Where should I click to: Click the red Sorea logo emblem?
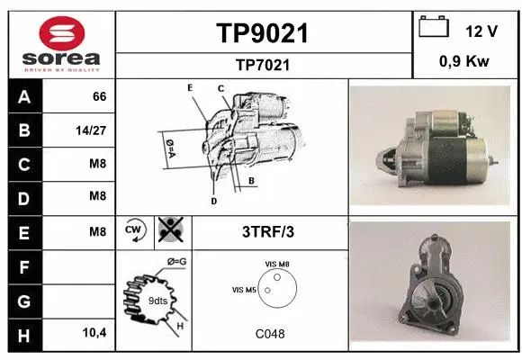coord(62,33)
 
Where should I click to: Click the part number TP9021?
coord(262,33)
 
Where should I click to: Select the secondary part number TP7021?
coord(263,65)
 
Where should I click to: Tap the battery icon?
coord(434,27)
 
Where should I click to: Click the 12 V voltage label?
coord(481,31)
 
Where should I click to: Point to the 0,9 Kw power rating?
coord(464,61)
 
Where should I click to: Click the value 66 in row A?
coord(100,96)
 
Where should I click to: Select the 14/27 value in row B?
coord(91,130)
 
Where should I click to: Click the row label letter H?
coord(24,335)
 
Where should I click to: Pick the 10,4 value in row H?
coord(94,332)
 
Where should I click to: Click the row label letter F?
coord(24,266)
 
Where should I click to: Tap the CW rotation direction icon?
coord(135,229)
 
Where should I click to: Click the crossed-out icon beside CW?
coord(171,229)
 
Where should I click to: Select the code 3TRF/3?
coord(268,232)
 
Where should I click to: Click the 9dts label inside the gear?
coord(157,301)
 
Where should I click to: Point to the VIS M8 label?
coord(277,264)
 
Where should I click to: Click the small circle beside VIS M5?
coord(267,291)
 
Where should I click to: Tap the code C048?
coord(270,334)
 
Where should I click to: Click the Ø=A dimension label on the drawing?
coord(170,148)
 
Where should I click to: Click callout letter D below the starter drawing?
coord(213,201)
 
